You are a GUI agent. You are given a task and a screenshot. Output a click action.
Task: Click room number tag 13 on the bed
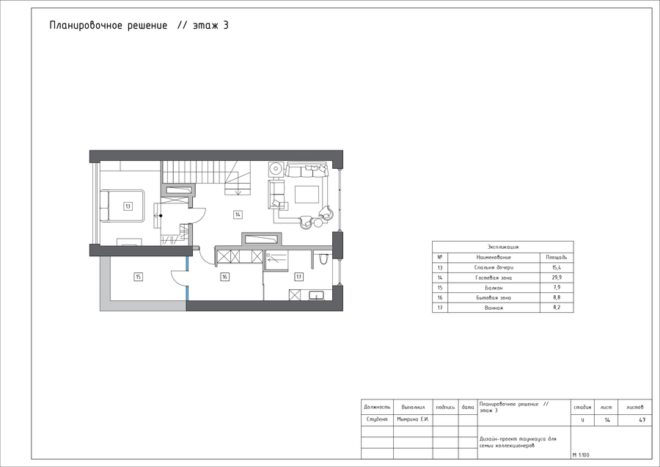tap(128, 206)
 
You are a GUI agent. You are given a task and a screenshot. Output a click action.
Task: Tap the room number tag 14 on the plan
tap(238, 214)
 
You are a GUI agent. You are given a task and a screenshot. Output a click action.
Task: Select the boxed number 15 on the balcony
tap(138, 277)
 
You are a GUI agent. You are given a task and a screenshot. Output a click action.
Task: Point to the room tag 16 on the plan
tap(225, 277)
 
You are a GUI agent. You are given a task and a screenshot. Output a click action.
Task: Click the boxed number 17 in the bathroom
tap(299, 277)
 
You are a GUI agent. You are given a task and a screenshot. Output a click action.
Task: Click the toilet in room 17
tap(323, 258)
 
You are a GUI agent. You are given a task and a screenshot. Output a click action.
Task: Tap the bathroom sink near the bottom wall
tap(315, 295)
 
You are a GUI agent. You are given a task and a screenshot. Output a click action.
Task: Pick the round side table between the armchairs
tap(318, 221)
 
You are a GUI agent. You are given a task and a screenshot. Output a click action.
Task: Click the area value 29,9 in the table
tap(557, 278)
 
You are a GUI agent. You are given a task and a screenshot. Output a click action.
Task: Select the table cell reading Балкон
tap(494, 288)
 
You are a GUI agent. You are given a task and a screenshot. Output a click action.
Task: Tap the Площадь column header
tap(557, 257)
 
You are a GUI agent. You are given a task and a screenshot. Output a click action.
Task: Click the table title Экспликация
tap(503, 247)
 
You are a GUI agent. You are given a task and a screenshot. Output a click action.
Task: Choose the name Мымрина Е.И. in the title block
tap(412, 419)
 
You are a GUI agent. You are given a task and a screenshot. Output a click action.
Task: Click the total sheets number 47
tap(642, 420)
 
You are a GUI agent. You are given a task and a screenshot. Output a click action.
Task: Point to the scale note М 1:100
tap(581, 455)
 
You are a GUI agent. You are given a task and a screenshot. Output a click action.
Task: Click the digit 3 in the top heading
tap(226, 25)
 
